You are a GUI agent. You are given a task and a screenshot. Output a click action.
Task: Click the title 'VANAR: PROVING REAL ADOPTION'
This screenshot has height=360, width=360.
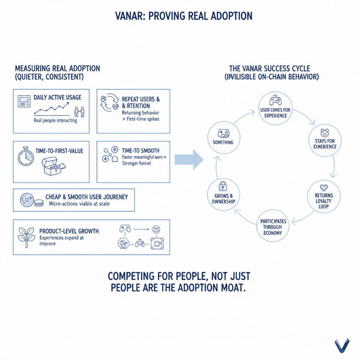[x=180, y=16]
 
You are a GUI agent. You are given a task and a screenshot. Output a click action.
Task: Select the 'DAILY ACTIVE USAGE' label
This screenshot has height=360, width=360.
[x=57, y=97]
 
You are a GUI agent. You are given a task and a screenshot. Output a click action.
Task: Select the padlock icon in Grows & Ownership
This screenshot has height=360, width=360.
[x=223, y=186]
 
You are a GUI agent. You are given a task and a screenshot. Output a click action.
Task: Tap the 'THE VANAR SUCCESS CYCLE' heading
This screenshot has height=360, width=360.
[x=272, y=68]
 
